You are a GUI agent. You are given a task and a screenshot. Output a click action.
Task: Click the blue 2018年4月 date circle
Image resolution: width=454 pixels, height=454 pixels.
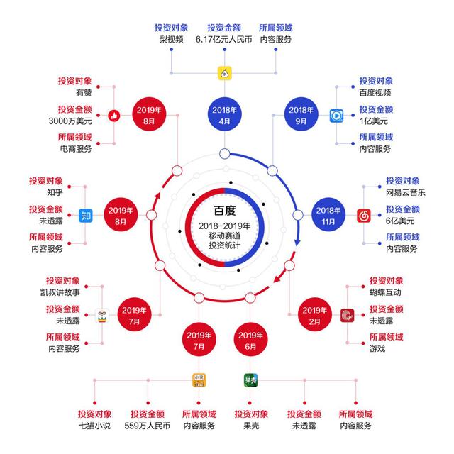tap(224, 114)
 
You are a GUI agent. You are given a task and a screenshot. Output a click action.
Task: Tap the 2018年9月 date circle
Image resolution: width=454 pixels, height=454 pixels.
tap(301, 114)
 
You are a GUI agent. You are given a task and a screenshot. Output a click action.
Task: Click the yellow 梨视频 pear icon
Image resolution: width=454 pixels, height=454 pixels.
tap(225, 73)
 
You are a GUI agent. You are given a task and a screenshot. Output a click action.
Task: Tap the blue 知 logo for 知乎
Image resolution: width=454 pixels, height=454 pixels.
tap(86, 216)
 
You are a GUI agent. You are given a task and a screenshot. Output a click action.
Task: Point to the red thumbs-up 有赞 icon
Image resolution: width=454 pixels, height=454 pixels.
tap(114, 116)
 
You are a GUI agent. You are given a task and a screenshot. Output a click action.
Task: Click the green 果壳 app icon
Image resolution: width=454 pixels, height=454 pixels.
tap(250, 380)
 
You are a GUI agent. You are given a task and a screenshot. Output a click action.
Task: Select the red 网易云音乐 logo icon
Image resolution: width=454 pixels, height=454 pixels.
tap(364, 216)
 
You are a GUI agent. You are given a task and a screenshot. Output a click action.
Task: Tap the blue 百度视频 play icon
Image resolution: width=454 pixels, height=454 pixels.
tap(336, 116)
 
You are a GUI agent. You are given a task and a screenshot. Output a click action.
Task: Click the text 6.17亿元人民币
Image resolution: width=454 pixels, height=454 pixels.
tap(224, 40)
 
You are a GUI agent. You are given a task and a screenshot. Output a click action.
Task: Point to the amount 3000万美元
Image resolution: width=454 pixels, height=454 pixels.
tap(70, 121)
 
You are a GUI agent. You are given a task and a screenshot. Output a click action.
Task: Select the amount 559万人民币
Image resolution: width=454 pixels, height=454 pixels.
tap(147, 426)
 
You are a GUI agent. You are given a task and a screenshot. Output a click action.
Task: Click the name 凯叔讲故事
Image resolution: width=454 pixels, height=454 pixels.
tap(60, 292)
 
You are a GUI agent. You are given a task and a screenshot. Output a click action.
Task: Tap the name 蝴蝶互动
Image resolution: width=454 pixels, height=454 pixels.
tap(385, 292)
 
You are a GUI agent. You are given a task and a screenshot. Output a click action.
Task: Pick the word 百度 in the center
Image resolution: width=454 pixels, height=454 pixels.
tap(224, 211)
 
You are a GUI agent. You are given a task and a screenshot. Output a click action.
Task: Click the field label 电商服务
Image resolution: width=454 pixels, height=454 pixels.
tap(76, 149)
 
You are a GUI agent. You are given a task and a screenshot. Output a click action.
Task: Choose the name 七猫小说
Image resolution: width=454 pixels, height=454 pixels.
tap(95, 426)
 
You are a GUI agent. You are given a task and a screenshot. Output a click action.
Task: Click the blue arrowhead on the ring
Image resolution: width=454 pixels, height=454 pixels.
tap(297, 243)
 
